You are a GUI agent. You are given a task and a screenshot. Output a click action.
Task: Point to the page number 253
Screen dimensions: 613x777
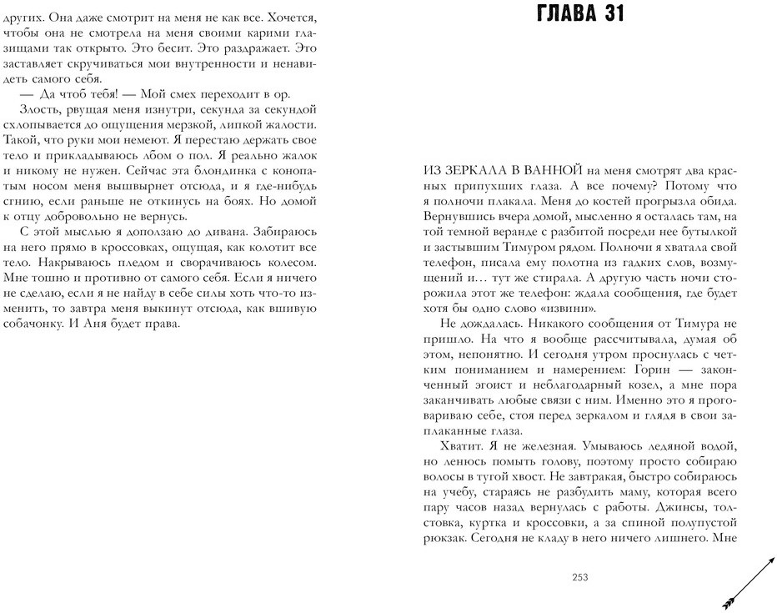[581, 577]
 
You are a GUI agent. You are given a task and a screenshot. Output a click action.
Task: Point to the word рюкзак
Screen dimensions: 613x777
[444, 540]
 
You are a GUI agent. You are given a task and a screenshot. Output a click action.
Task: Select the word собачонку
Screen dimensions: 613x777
[34, 324]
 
